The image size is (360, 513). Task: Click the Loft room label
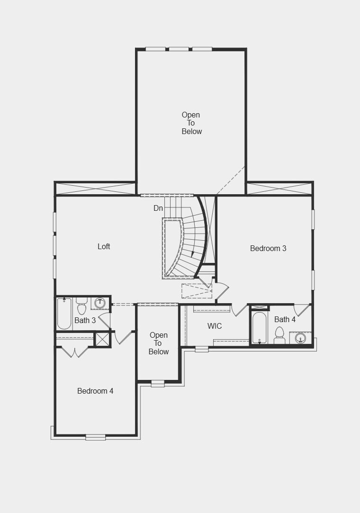pos(104,246)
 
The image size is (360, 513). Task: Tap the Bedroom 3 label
pos(268,248)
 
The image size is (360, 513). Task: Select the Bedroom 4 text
pos(95,391)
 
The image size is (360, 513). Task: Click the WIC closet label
pos(215,326)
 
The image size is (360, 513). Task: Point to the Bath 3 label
pos(85,320)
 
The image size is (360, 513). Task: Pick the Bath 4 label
pos(285,319)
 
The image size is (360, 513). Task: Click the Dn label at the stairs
pos(158,208)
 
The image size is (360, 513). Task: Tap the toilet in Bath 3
pos(81,307)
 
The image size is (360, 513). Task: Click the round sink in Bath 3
pos(100,303)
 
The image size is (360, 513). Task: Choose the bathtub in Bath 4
pos(260,327)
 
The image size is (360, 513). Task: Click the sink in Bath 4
pos(300,338)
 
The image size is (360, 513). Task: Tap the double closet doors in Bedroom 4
pos(75,352)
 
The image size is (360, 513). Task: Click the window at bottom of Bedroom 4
pos(95,437)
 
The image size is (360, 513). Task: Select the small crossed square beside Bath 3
pos(102,339)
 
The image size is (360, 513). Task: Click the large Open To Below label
pos(191,123)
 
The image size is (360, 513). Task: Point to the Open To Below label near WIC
pos(158,343)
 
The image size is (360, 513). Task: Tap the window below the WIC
pos(202,349)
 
